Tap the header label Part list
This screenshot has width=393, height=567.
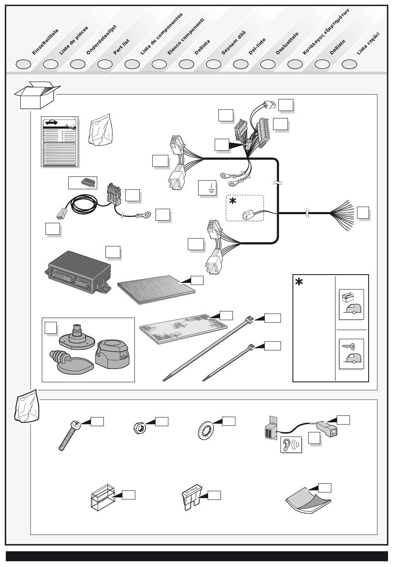(122, 46)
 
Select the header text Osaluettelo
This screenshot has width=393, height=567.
(287, 43)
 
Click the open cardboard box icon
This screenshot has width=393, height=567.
(37, 95)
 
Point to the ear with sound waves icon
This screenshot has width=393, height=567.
(292, 444)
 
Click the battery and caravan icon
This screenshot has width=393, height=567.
(351, 304)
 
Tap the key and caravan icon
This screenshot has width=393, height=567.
(351, 354)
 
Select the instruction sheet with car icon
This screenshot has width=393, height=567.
(60, 142)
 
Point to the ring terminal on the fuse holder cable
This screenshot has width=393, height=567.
(146, 215)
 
